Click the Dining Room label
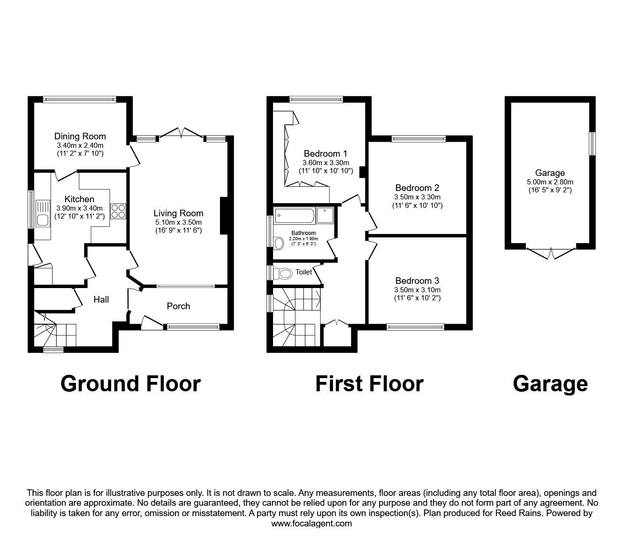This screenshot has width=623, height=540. [x=80, y=137]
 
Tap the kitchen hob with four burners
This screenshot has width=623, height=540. [x=118, y=211]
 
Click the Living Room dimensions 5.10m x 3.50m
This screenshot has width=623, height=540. [x=178, y=222]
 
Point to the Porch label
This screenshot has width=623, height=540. [x=178, y=306]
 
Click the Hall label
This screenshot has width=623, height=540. [x=101, y=299]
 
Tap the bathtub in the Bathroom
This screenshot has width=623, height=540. [x=294, y=215]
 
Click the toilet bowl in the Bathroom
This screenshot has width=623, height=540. [x=280, y=243]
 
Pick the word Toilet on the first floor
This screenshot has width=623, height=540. [x=304, y=272]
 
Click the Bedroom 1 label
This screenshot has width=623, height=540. [x=325, y=153]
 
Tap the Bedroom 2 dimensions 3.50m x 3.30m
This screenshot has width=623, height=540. [x=417, y=197]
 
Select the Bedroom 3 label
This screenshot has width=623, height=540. [x=417, y=281]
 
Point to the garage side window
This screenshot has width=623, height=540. [x=592, y=144]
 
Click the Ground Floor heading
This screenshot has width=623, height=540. [x=130, y=383]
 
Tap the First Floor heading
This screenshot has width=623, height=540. [x=369, y=383]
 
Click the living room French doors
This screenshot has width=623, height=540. [x=181, y=133]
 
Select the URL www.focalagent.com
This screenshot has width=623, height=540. [x=311, y=524]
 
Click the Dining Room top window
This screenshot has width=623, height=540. [x=79, y=99]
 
